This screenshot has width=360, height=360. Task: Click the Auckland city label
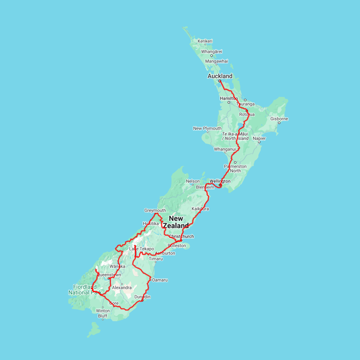tap(220, 76)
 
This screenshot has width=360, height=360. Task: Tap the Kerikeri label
tap(205, 41)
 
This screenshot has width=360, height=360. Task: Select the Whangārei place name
tap(212, 51)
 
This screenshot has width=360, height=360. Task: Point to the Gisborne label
tap(279, 119)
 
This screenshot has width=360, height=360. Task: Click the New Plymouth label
tap(207, 128)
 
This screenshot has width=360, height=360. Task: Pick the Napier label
tap(259, 138)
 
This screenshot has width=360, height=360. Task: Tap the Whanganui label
tap(225, 149)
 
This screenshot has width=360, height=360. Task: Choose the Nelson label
tap(192, 181)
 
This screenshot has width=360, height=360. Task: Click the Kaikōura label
tap(200, 209)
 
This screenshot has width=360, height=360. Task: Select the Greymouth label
tap(155, 210)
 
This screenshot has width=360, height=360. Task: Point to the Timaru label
tap(156, 259)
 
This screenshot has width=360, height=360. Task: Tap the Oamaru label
tap(160, 280)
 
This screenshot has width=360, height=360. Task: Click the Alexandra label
tap(122, 288)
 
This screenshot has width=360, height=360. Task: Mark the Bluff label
tap(102, 316)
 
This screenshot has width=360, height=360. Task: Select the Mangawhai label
tap(216, 61)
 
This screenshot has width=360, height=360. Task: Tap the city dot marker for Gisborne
tap(279, 123)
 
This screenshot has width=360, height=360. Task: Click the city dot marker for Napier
tap(259, 142)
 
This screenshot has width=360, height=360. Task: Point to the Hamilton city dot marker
tap(229, 102)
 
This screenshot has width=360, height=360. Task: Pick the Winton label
tap(103, 311)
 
